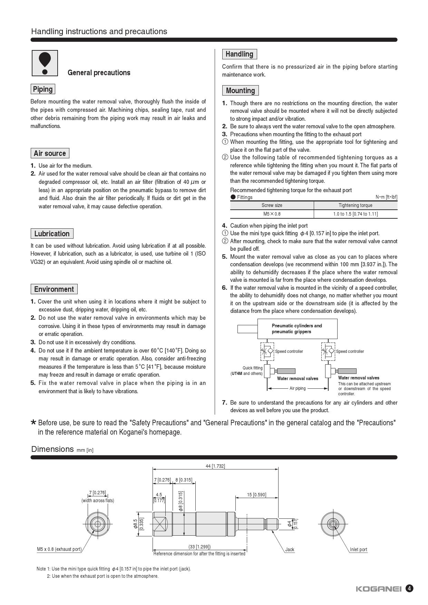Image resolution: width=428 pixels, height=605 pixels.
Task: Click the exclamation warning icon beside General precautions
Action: pyautogui.click(x=45, y=63)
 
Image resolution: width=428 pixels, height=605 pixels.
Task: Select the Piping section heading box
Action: pyautogui.click(x=43, y=89)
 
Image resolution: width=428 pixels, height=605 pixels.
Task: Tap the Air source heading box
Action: pyautogui.click(x=50, y=153)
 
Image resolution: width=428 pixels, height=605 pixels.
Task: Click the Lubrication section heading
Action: pyautogui.click(x=52, y=234)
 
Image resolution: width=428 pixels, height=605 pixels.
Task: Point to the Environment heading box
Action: pyautogui.click(x=54, y=289)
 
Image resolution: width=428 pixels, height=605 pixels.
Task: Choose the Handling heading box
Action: pyautogui.click(x=239, y=54)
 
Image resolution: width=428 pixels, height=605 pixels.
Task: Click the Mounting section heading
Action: pyautogui.click(x=240, y=91)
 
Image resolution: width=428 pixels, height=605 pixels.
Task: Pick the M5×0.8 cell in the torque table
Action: pyautogui.click(x=272, y=214)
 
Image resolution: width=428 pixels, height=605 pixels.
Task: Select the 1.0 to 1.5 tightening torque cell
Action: pyautogui.click(x=355, y=214)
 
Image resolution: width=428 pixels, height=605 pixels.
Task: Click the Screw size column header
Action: pyautogui.click(x=272, y=205)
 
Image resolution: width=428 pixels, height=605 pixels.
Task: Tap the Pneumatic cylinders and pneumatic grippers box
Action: pyautogui.click(x=297, y=329)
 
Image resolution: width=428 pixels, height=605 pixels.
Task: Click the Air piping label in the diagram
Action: pyautogui.click(x=298, y=388)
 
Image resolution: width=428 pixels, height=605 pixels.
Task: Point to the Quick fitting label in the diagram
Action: pyautogui.click(x=252, y=368)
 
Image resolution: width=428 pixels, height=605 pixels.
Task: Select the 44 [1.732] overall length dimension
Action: pyautogui.click(x=215, y=466)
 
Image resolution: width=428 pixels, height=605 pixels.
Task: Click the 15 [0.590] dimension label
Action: pyautogui.click(x=256, y=495)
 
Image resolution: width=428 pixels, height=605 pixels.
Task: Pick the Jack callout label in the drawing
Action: pyautogui.click(x=290, y=549)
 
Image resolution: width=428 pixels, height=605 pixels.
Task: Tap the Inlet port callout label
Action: pyautogui.click(x=358, y=549)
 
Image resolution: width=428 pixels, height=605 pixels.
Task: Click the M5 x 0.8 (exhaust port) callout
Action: pyautogui.click(x=59, y=549)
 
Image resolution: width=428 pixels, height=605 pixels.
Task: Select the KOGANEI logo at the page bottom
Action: pyautogui.click(x=378, y=589)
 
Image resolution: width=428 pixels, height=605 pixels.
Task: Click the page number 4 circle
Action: pyautogui.click(x=409, y=588)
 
